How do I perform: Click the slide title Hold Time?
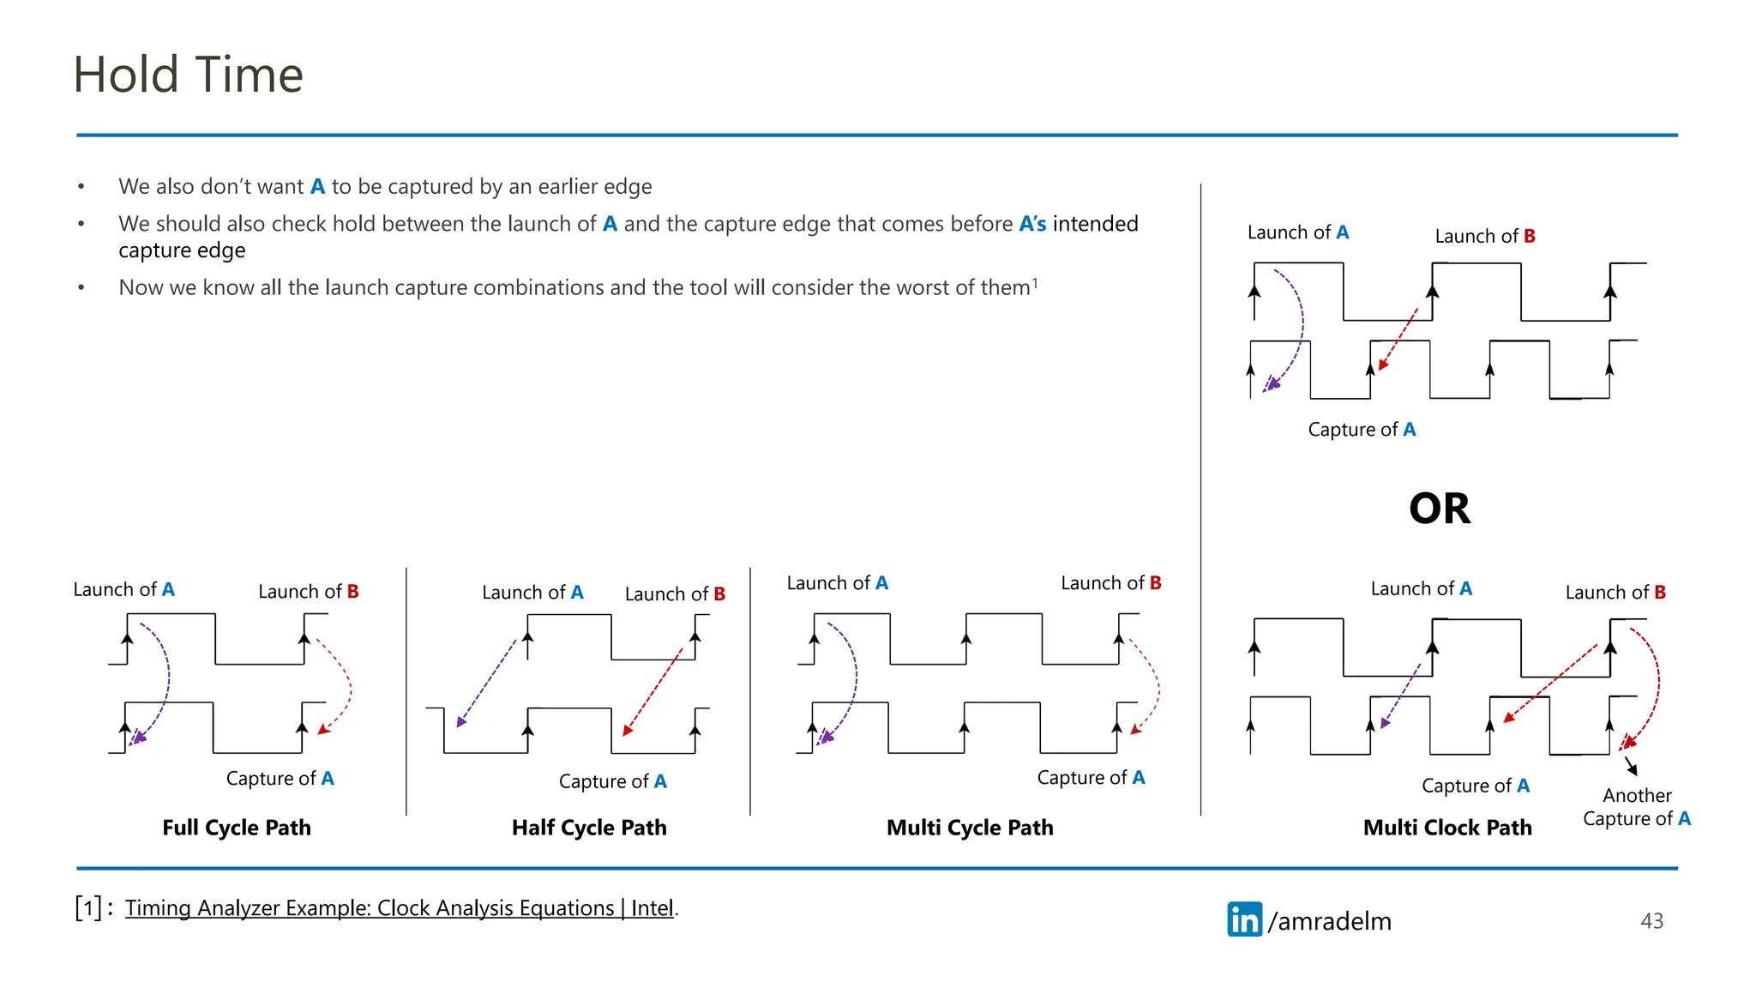188,75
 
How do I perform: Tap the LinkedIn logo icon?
1244,919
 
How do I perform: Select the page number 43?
1651,921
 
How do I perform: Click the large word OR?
1440,509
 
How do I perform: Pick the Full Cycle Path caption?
237,828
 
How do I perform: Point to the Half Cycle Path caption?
589,828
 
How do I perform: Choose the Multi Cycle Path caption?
970,828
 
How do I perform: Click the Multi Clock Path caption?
1447,828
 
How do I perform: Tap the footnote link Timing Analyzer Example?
400,907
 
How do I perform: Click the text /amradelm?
1330,921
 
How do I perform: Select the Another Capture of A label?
1637,807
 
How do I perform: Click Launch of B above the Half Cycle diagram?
675,593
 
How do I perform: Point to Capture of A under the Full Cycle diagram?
280,779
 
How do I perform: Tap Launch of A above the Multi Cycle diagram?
837,583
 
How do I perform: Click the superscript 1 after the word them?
1035,282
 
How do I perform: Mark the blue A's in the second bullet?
1032,224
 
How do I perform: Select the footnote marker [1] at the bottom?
88,907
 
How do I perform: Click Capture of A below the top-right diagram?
1362,430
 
